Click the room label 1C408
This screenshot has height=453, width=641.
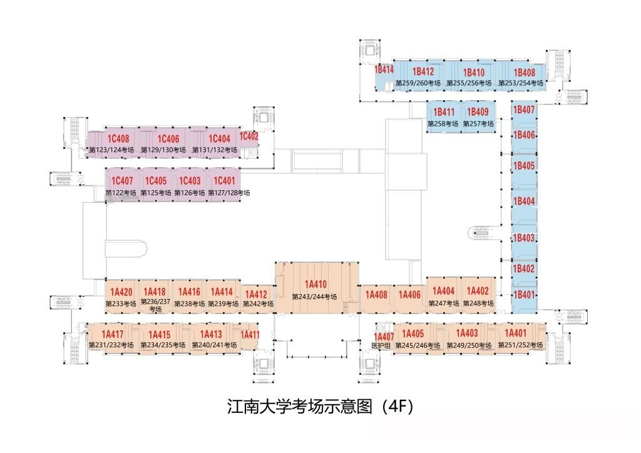click(x=118, y=139)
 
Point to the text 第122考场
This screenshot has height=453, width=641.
click(x=121, y=193)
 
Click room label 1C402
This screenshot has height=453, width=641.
click(x=249, y=136)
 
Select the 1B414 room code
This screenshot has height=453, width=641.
click(x=384, y=70)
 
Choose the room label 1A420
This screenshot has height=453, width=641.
click(x=121, y=292)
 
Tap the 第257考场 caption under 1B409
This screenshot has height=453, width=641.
click(x=478, y=124)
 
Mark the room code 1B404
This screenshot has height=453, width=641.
click(x=524, y=201)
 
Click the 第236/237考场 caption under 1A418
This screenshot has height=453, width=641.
click(x=155, y=305)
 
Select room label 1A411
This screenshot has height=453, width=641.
click(x=250, y=335)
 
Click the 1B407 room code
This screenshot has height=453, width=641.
click(x=524, y=109)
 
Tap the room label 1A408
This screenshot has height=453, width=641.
click(x=376, y=295)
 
